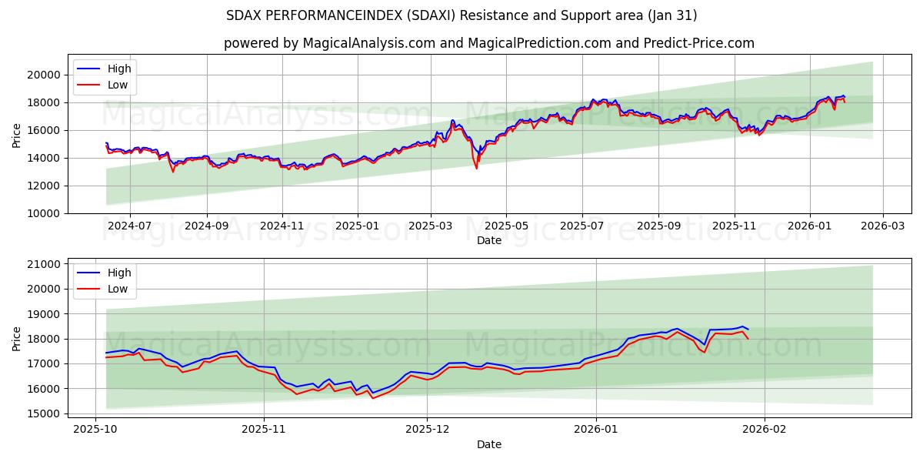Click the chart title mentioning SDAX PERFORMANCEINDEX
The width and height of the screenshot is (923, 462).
click(x=461, y=15)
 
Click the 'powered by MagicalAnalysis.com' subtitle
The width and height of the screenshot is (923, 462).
click(x=488, y=43)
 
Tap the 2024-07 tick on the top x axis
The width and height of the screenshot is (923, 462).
click(x=128, y=226)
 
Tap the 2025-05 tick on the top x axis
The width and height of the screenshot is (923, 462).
click(x=505, y=226)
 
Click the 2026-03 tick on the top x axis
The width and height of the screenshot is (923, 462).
click(x=882, y=226)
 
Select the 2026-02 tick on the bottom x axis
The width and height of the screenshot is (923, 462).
click(x=765, y=428)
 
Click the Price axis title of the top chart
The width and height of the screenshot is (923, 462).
click(x=17, y=134)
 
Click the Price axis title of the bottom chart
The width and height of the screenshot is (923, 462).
click(x=17, y=338)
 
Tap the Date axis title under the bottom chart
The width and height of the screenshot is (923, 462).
click(x=489, y=444)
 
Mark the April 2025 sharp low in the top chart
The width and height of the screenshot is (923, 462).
click(x=476, y=167)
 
